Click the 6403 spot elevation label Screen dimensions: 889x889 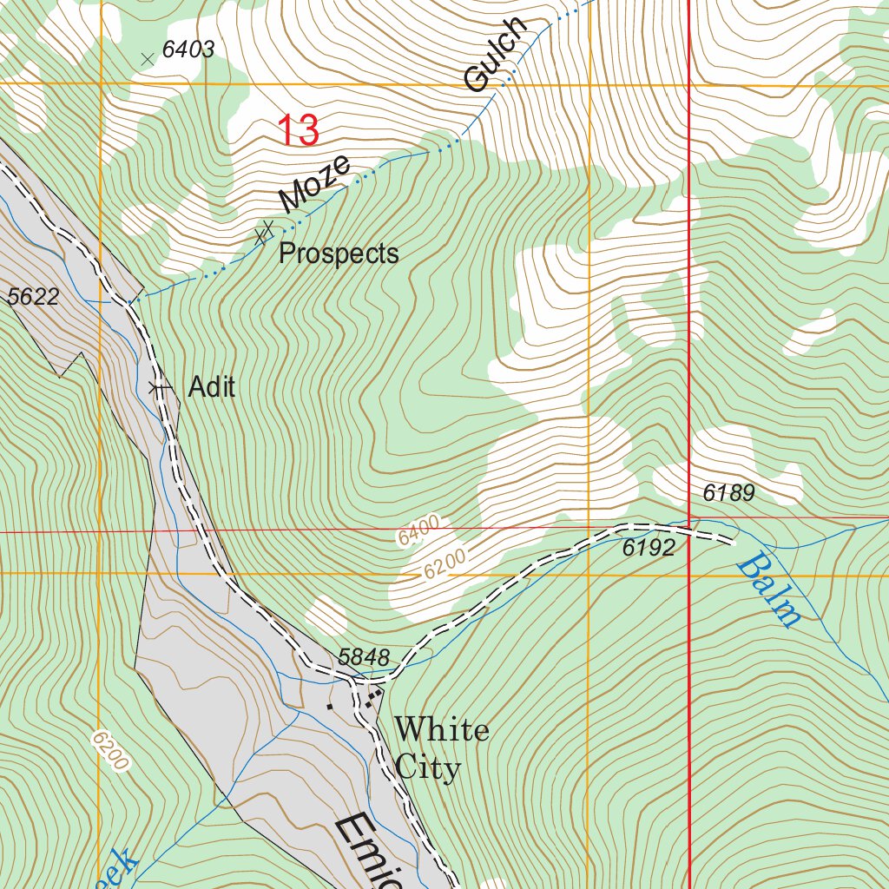click(x=188, y=50)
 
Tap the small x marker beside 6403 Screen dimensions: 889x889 click(x=147, y=58)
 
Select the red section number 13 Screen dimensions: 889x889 click(x=299, y=131)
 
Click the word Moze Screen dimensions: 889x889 click(x=315, y=183)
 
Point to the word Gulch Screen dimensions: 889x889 click(x=496, y=54)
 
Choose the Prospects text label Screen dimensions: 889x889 click(x=339, y=254)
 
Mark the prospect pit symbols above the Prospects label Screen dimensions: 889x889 click(x=264, y=231)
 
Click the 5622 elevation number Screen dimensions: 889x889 click(x=33, y=298)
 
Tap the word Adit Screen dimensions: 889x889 click(x=212, y=387)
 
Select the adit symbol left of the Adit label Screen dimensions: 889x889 click(x=158, y=388)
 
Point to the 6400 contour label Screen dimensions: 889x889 click(x=420, y=530)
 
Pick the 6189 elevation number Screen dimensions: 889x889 click(x=728, y=494)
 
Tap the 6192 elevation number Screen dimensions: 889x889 click(x=649, y=548)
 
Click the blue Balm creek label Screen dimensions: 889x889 click(x=768, y=592)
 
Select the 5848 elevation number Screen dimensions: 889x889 click(x=364, y=658)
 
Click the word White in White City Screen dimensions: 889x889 click(x=442, y=729)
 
